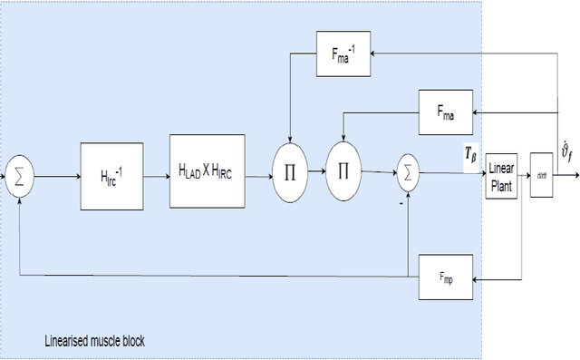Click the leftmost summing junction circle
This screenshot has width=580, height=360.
click(18, 175)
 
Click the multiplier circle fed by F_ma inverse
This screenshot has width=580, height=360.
click(290, 170)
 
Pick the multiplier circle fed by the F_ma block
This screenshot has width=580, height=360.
click(342, 170)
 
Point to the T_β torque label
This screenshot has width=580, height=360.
click(471, 155)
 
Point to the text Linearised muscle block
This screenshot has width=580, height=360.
click(94, 341)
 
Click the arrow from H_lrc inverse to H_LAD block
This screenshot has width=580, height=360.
click(157, 172)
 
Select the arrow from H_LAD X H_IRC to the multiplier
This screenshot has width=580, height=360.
click(259, 169)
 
